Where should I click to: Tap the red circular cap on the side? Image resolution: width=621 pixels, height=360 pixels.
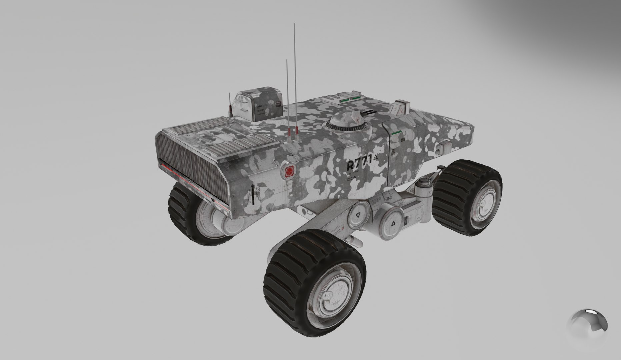pos(289,171)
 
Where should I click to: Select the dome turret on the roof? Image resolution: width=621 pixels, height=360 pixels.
pos(348,122)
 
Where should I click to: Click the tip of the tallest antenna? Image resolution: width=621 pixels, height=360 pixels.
pos(294,24)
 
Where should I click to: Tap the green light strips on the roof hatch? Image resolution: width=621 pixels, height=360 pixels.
pos(350,98)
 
